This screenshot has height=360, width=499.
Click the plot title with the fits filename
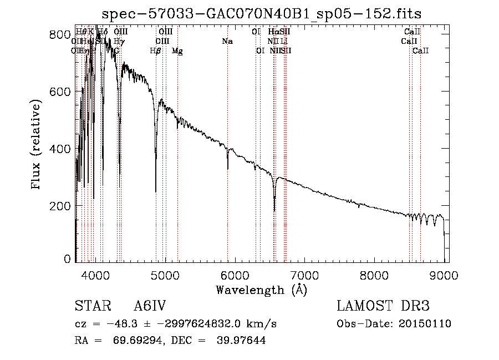point(262,14)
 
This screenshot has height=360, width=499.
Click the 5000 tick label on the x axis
point(165,275)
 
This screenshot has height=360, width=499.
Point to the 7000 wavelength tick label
point(304,275)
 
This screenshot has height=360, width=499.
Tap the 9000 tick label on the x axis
point(444,275)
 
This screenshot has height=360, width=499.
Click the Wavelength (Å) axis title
point(262,290)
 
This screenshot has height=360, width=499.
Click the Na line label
point(227,42)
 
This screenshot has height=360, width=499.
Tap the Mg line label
point(177,51)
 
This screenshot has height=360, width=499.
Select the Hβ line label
point(156,51)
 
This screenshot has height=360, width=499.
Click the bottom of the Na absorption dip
point(227,169)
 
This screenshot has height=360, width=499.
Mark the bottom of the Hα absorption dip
point(274,211)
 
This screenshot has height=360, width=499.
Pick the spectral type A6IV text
point(150,307)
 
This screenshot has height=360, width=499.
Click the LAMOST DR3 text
point(383,307)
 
